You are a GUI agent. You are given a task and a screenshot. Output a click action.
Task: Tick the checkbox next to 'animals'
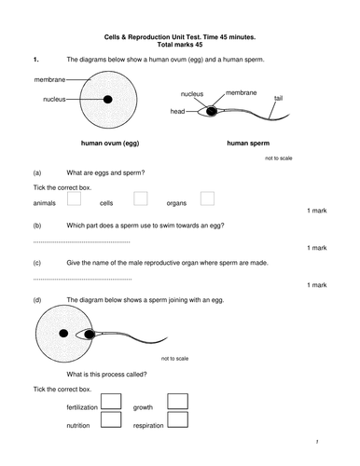pos(74,199)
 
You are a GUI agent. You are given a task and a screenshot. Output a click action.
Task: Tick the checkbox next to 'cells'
pos(141,199)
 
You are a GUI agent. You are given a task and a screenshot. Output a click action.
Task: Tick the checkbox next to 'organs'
pos(207,199)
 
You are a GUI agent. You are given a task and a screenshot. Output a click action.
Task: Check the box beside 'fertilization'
pos(111,402)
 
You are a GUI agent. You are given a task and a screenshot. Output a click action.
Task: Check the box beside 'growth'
pos(177,402)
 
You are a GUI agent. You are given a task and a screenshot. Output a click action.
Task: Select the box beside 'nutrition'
pos(111,419)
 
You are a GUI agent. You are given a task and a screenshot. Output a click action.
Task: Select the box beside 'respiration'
pos(177,419)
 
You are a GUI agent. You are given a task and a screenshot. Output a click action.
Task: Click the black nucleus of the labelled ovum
pos(108,100)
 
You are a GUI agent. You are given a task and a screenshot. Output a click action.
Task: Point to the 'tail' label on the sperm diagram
pos(278,98)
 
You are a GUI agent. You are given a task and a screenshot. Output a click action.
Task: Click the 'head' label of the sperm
pos(177,111)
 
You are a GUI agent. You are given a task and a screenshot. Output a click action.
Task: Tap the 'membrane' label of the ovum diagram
pos(49,79)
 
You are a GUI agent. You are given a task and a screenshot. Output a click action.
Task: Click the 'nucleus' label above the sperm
pos(192,94)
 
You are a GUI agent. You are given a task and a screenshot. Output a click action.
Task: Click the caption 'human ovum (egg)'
pos(110,144)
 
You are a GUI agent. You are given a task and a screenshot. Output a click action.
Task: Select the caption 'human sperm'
pos(248,144)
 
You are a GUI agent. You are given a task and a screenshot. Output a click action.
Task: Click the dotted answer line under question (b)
pos(82,242)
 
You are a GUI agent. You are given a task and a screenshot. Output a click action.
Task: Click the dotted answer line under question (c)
pos(82,280)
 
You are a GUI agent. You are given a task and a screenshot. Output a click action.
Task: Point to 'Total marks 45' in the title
pos(180,45)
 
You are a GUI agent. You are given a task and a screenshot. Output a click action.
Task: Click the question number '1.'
pos(36,60)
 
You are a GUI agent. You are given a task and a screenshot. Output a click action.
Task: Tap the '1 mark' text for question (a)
pos(317,211)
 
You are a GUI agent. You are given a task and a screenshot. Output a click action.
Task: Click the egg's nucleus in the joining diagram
pos(63,334)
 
